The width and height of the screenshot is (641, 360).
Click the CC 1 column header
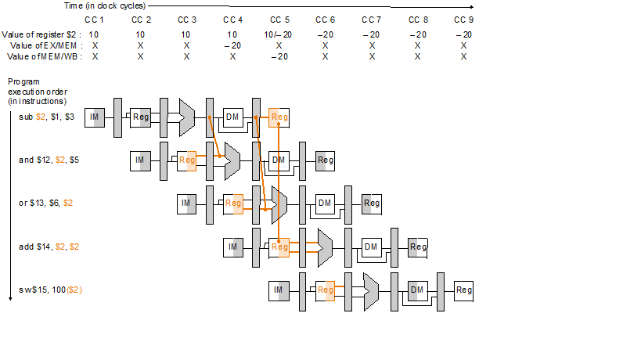click(95, 19)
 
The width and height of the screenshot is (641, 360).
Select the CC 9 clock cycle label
click(463, 19)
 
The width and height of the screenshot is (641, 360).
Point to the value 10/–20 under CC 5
click(279, 35)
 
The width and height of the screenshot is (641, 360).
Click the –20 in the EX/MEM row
click(232, 46)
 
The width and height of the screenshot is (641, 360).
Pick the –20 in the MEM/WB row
click(279, 56)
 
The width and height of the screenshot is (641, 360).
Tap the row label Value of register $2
click(39, 35)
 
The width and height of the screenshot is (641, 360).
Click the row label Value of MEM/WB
click(45, 56)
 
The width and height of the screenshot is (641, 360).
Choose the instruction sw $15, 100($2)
click(51, 290)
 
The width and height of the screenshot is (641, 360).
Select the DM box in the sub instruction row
click(233, 117)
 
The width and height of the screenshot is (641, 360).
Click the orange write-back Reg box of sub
click(279, 117)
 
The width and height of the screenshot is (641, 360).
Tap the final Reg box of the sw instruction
click(464, 290)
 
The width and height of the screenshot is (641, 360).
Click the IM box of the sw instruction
click(279, 290)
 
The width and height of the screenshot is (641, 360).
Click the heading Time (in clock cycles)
click(100, 5)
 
